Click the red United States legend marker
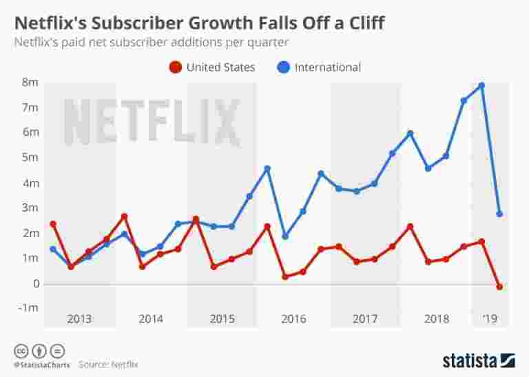coord(176,68)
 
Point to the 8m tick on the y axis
coord(30,83)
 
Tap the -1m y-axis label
coord(28,307)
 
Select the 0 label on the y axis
coord(34,283)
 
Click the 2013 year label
coord(79,319)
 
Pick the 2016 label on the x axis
coord(293,319)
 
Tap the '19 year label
coord(490,319)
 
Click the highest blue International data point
coord(481,85)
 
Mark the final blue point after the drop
coord(499,214)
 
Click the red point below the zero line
coord(499,287)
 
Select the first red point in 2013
coord(53,224)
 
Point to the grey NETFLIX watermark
coord(152,123)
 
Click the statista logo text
coord(470,360)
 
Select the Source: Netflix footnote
coord(108,364)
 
